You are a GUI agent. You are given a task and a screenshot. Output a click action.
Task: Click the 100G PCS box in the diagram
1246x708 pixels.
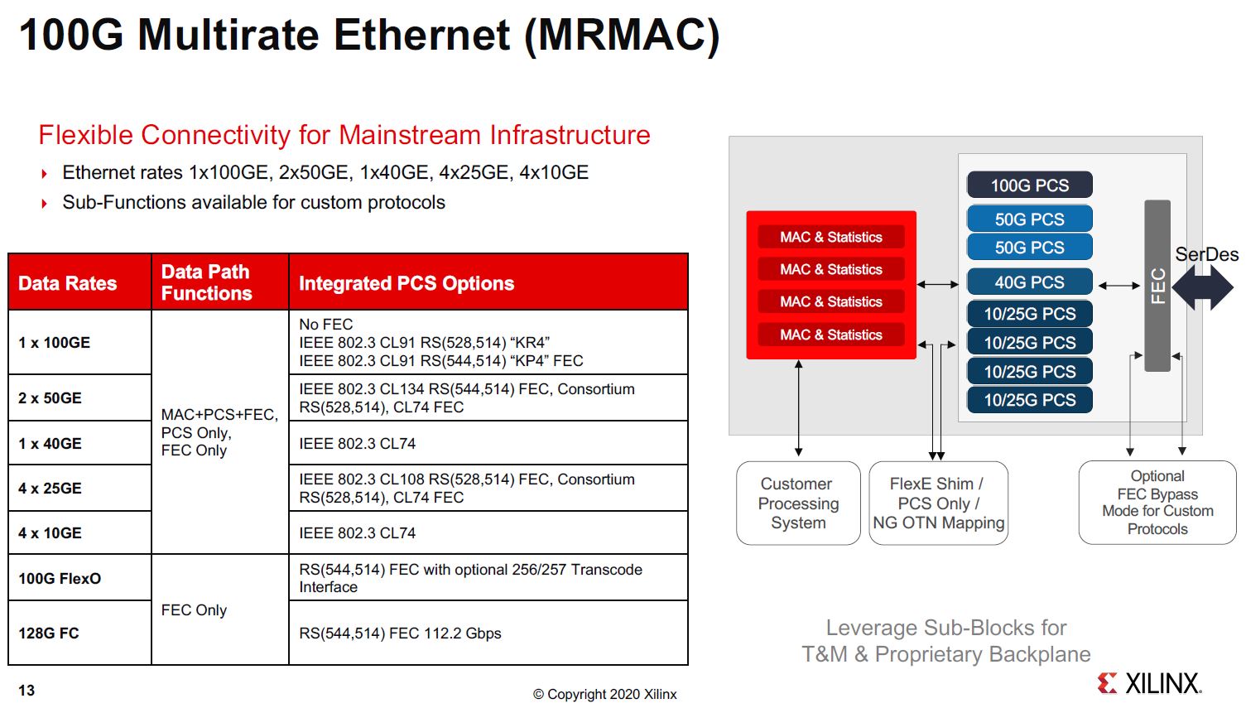click(x=1029, y=185)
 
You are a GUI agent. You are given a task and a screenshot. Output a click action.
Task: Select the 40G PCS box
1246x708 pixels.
click(x=1029, y=282)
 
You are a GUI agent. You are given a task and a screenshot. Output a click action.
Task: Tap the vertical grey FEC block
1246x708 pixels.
click(x=1157, y=286)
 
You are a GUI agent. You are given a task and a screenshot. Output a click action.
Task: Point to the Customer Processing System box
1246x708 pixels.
click(x=798, y=503)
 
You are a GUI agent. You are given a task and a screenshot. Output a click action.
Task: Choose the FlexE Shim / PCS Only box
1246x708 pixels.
click(x=938, y=503)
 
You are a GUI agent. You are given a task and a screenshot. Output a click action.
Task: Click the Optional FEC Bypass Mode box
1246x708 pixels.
click(x=1157, y=502)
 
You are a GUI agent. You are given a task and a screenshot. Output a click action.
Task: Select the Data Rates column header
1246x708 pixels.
click(x=68, y=283)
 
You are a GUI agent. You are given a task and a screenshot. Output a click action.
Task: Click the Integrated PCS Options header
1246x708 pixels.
click(x=406, y=283)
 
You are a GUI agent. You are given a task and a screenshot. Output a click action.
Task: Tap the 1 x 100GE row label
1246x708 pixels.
click(x=55, y=343)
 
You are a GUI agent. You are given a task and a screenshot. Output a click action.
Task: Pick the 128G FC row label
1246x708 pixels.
click(x=49, y=633)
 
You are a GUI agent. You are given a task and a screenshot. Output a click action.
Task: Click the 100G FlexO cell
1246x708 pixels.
click(x=60, y=578)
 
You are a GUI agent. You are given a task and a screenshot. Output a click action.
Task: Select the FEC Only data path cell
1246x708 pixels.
click(x=194, y=610)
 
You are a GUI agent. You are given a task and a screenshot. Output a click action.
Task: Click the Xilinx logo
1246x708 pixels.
click(x=1148, y=683)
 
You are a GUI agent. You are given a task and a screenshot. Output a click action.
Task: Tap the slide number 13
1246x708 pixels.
click(x=26, y=691)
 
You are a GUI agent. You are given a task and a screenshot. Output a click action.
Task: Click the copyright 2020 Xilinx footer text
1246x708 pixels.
click(x=604, y=694)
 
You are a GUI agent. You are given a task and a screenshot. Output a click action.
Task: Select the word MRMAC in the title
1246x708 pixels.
click(x=621, y=35)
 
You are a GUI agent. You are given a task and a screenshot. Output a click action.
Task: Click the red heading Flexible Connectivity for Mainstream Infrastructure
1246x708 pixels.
click(x=344, y=135)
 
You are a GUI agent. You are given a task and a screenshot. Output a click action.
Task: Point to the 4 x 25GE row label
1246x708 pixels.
click(x=50, y=489)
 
